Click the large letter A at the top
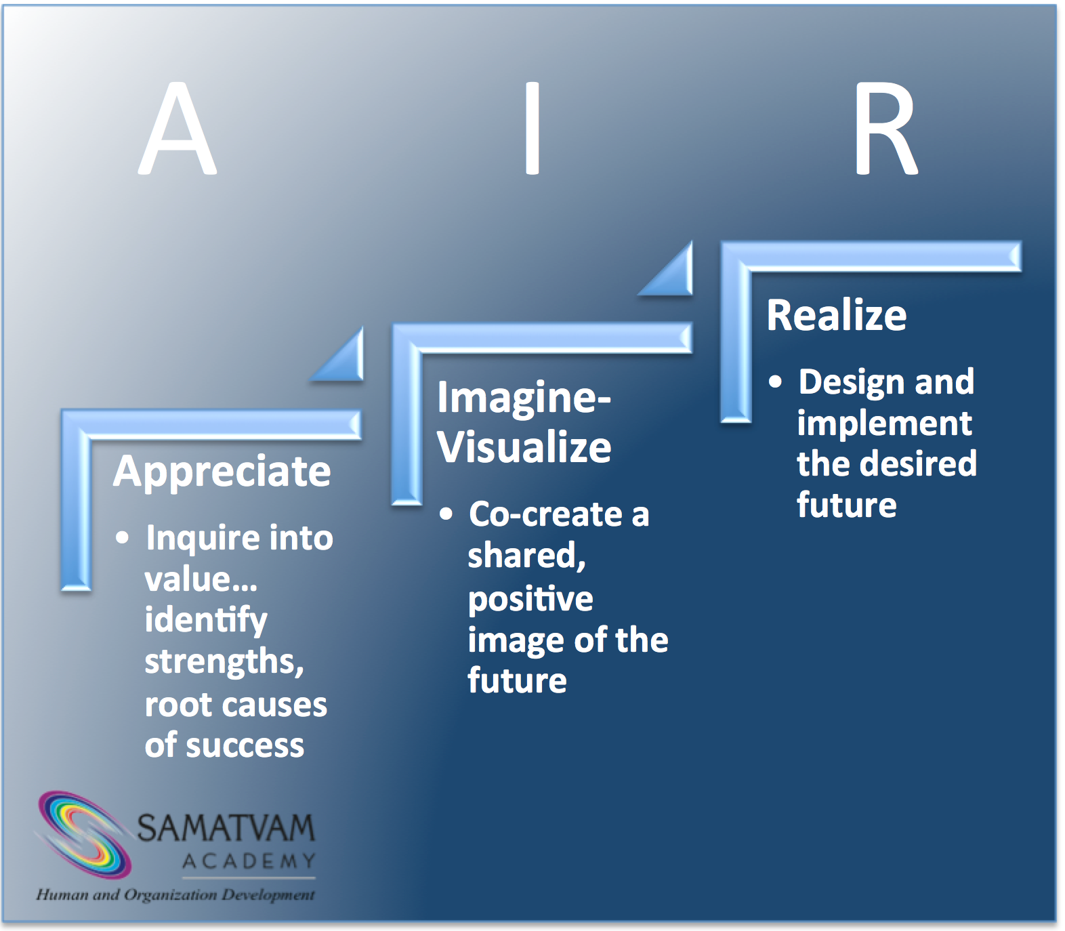(x=177, y=129)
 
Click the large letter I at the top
(x=532, y=129)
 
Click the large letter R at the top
(x=885, y=129)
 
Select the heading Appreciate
(x=222, y=472)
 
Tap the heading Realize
(x=836, y=316)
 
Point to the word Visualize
(x=524, y=448)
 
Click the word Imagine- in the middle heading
(x=524, y=398)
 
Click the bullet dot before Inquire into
(x=122, y=538)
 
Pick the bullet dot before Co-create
(x=445, y=514)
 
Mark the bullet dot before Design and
(x=775, y=381)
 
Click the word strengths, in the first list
(x=224, y=662)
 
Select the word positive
(x=530, y=600)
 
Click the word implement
(x=884, y=424)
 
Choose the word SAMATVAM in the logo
(x=226, y=828)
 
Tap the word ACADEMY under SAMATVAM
(x=249, y=861)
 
